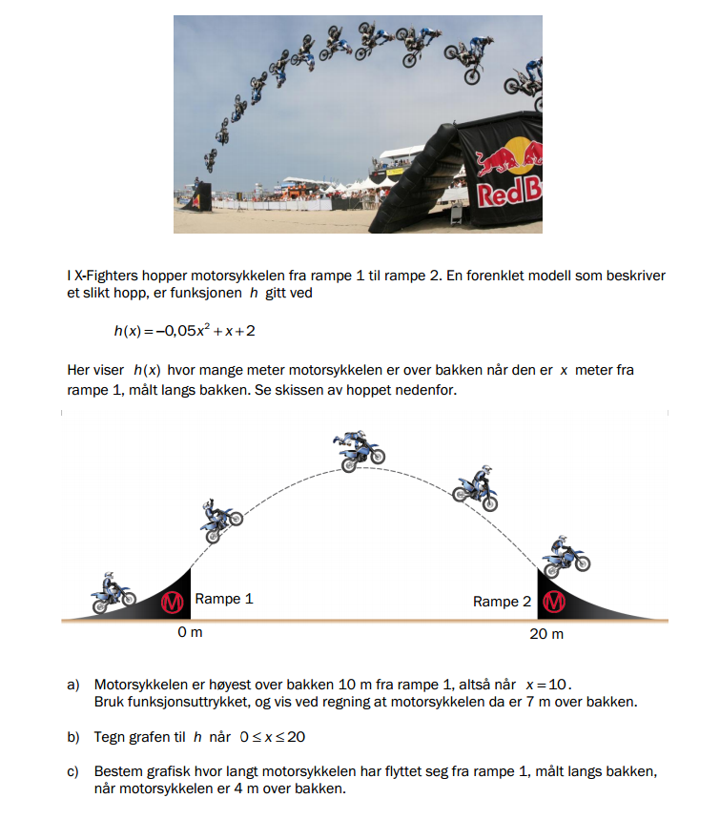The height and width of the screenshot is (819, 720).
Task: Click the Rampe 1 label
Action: pos(224,600)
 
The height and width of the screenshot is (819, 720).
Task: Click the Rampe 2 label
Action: pos(502,602)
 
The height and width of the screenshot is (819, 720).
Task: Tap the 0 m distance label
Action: pos(190,633)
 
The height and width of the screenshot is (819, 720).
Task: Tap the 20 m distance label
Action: pos(545,634)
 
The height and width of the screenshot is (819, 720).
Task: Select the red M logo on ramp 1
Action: pos(173,603)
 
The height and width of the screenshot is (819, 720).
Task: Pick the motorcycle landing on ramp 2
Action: pos(566,556)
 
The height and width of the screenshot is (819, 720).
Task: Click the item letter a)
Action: pos(72,685)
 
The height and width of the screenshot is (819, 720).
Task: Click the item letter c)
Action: pos(72,770)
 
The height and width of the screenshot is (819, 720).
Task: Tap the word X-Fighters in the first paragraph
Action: pos(107,276)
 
